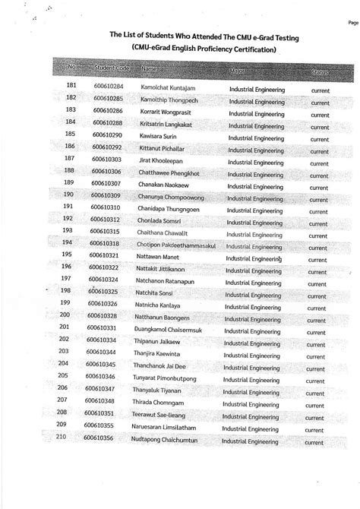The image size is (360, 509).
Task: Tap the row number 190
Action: click(67, 194)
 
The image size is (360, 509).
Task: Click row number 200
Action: click(65, 315)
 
